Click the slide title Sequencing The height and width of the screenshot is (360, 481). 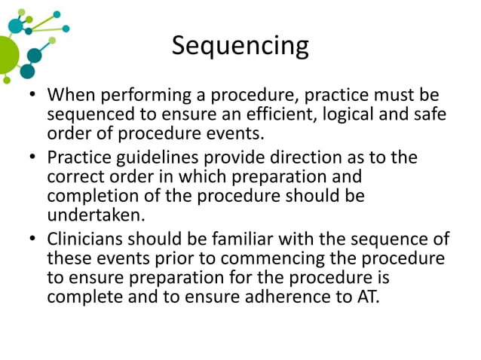[x=240, y=47]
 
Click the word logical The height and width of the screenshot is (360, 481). [x=347, y=115]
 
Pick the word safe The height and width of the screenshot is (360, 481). [x=427, y=115]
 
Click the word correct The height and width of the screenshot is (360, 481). [x=75, y=177]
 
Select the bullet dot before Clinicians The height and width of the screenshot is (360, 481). [x=32, y=240]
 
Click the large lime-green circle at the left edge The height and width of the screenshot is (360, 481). [x=6, y=53]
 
